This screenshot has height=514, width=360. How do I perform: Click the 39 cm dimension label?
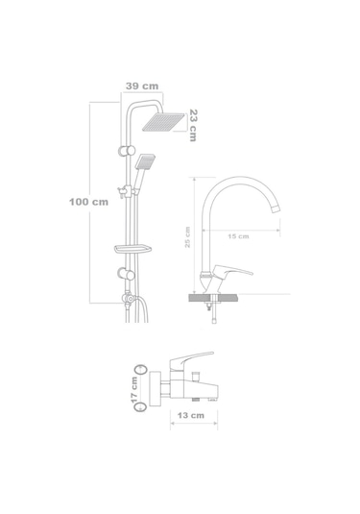pyautogui.click(x=142, y=86)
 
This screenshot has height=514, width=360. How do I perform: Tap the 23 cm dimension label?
pyautogui.click(x=193, y=125)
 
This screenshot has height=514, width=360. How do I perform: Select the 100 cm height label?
pyautogui.click(x=88, y=202)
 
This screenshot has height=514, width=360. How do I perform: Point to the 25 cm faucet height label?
pyautogui.click(x=187, y=237)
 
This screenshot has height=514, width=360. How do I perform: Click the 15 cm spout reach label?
pyautogui.click(x=238, y=236)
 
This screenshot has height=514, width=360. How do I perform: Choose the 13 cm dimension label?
pyautogui.click(x=191, y=415)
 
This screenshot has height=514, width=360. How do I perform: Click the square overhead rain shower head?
pyautogui.click(x=163, y=122)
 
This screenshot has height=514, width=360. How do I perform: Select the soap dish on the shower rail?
pyautogui.click(x=132, y=249)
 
